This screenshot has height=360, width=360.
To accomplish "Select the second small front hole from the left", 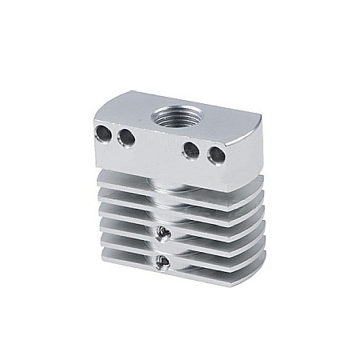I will pos(126,138).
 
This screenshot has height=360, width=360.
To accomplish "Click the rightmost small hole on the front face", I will pos(214,154).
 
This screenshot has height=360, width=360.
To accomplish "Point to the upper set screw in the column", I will pos(162,233).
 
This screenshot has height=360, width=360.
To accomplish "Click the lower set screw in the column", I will pos(162,262).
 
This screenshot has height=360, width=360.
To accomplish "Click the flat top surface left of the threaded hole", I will pos(128,108).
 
